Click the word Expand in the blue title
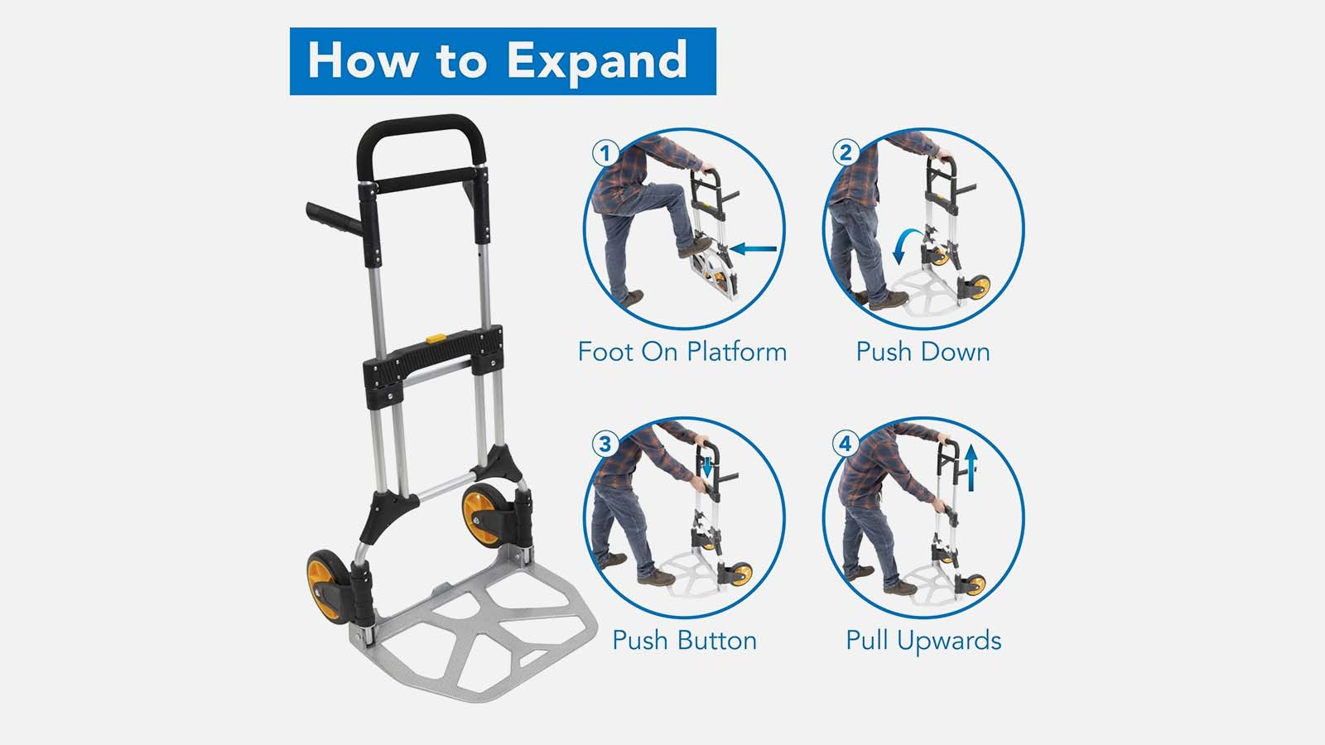tap(597, 62)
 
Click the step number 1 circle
tap(605, 154)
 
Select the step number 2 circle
tap(846, 153)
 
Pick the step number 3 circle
tap(605, 444)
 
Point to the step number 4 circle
tap(846, 444)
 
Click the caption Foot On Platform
tap(682, 352)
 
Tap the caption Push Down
tap(923, 352)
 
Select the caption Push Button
tap(684, 641)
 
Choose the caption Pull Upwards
tap(923, 641)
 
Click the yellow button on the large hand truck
tap(436, 339)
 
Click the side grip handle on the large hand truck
tap(335, 219)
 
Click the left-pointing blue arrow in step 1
tap(753, 248)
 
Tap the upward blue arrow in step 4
tap(971, 468)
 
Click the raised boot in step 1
tap(695, 248)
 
